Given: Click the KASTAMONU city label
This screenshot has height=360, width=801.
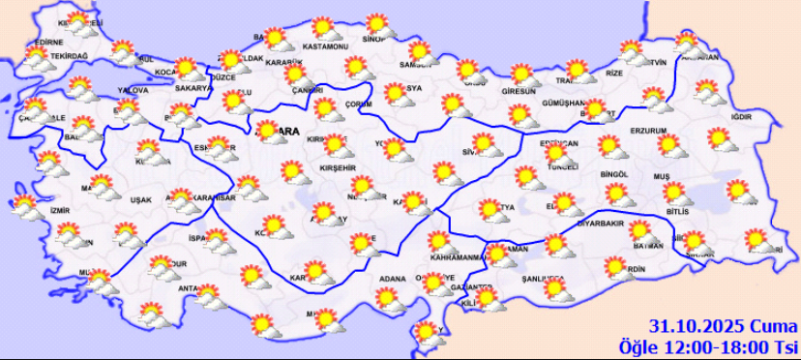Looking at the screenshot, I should [x=324, y=46].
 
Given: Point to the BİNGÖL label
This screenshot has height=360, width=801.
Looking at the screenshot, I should [x=613, y=175].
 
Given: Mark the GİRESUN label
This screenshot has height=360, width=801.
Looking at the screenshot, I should [x=519, y=92].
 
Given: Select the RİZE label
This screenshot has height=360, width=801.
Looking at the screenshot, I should [x=614, y=74].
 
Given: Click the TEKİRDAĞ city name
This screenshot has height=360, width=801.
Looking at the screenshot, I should [x=68, y=57].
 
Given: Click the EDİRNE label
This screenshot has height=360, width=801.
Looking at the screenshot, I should [x=47, y=43].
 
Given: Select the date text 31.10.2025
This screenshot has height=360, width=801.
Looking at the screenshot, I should [x=690, y=326].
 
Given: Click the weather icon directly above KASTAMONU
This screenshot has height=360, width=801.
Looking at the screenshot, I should [x=324, y=27].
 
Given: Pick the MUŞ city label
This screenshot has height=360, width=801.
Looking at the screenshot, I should [x=662, y=177].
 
